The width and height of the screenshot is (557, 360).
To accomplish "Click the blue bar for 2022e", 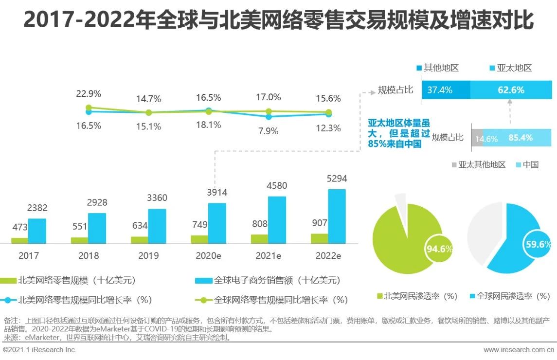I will point(337,216).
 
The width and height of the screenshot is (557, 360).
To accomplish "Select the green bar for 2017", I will point(19,240).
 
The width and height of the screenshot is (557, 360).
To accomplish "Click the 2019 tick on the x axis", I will point(148,255).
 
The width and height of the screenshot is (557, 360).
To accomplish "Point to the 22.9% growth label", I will point(89,93).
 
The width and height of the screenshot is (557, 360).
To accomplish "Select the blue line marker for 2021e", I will point(269,117).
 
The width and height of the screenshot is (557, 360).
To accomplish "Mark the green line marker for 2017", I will point(89,108).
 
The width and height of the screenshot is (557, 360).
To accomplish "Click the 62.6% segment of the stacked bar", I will point(511,90).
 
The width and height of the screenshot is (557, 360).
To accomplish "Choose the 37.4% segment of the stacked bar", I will point(446,90).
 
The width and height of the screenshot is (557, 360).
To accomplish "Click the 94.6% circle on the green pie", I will point(439,249).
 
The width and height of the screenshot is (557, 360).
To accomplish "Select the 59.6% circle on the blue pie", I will point(538,245).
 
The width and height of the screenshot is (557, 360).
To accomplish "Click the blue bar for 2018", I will point(97,228).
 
